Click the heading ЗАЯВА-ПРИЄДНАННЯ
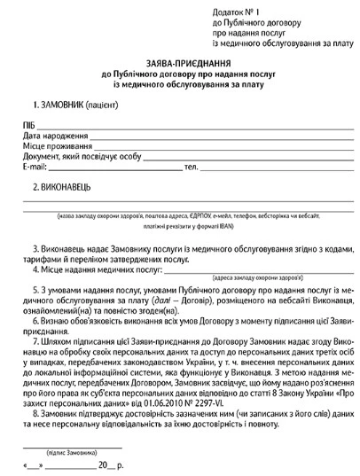pyautogui.click(x=180, y=63)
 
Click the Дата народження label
pyautogui.click(x=53, y=135)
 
